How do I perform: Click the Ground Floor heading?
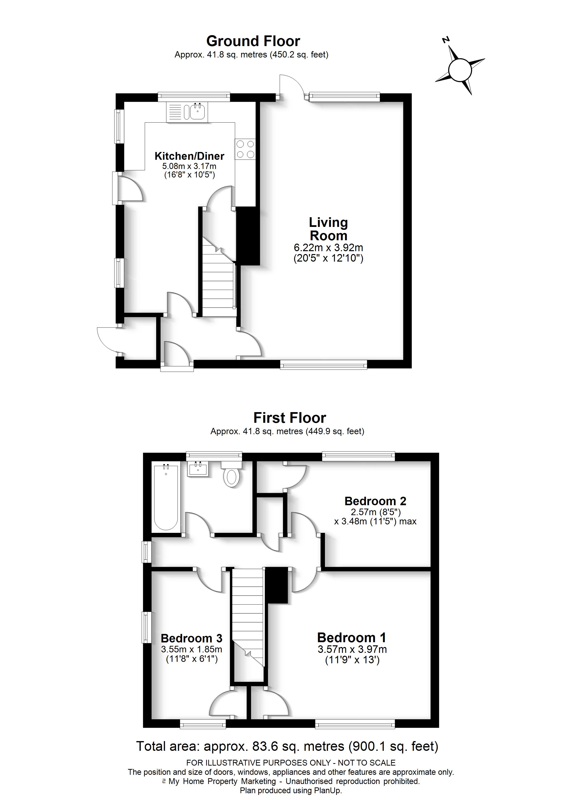[x=253, y=41]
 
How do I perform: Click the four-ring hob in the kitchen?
[x=245, y=149]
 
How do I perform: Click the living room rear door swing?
[x=291, y=86]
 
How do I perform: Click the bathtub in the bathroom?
[x=166, y=497]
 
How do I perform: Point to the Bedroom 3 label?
[x=191, y=638]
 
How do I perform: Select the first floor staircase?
[x=248, y=621]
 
